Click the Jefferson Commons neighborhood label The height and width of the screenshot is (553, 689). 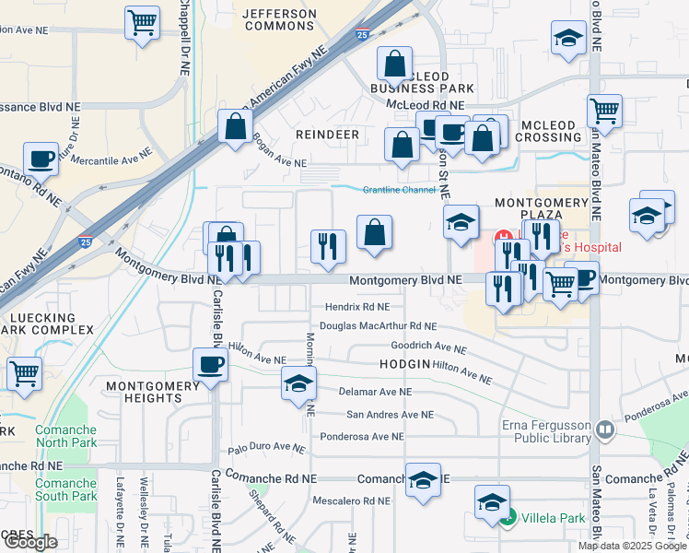click(280, 21)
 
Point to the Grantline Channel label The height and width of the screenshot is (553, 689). click(399, 190)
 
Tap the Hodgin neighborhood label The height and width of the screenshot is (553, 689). click(404, 364)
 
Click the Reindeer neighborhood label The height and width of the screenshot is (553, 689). click(327, 135)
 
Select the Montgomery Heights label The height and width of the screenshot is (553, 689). click(143, 392)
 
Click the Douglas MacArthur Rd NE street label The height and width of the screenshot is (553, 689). click(378, 326)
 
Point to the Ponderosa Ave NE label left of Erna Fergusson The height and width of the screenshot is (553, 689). click(360, 437)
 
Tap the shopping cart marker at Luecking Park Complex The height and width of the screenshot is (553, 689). click(24, 374)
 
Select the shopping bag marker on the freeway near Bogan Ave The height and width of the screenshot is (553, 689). click(236, 126)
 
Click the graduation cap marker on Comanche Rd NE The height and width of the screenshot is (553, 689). click(423, 480)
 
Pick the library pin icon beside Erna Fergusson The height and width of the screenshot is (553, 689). click(604, 429)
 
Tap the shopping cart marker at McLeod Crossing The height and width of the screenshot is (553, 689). click(604, 111)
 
